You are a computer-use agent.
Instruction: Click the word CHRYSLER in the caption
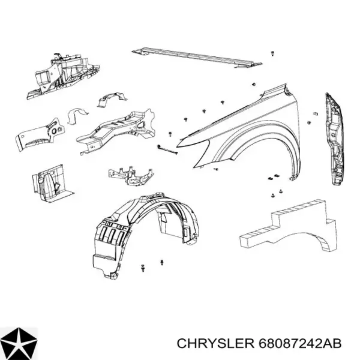pyautogui.click(x=215, y=344)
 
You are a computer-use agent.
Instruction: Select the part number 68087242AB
pyautogui.click(x=300, y=344)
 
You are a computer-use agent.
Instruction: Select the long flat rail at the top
pyautogui.click(x=197, y=58)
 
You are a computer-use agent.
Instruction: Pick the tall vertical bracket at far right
pyautogui.click(x=335, y=139)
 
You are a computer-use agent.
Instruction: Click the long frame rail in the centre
pyautogui.click(x=116, y=132)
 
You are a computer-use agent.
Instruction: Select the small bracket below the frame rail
pyautogui.click(x=131, y=175)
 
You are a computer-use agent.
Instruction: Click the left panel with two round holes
pyautogui.click(x=40, y=135)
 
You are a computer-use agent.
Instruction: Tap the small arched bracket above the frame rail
pyautogui.click(x=112, y=100)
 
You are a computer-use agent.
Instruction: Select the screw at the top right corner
pyautogui.click(x=272, y=54)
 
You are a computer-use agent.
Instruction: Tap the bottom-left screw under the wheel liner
pyautogui.click(x=143, y=268)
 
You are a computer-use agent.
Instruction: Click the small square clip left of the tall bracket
pyautogui.click(x=315, y=113)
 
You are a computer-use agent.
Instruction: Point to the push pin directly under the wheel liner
pyautogui.click(x=163, y=262)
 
